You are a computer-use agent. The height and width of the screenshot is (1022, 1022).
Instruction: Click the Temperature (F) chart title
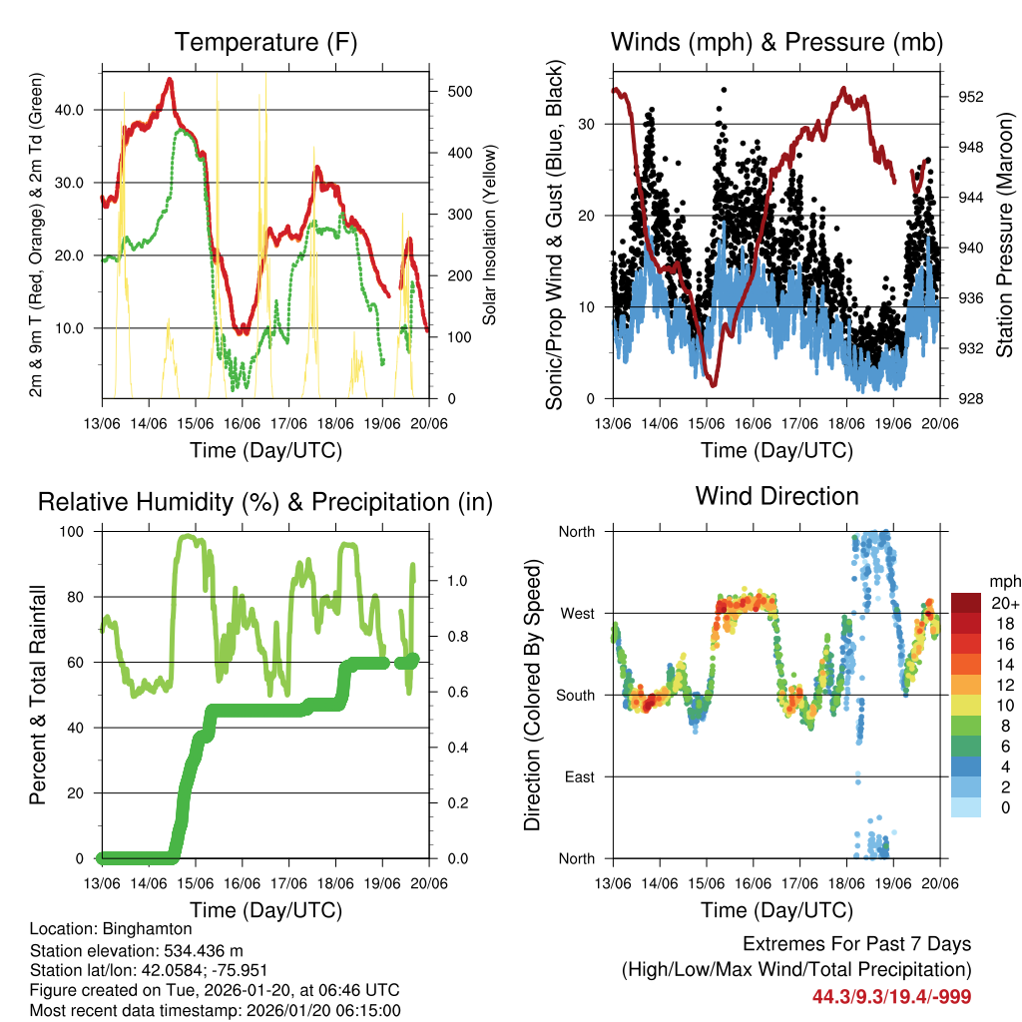pyautogui.click(x=265, y=43)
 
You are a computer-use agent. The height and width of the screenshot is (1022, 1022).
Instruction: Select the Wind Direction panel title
pyautogui.click(x=776, y=496)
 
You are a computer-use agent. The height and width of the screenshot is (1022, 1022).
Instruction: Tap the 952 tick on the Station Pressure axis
pyautogui.click(x=971, y=98)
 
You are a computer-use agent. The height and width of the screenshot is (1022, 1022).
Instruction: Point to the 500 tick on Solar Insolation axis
pyautogui.click(x=457, y=91)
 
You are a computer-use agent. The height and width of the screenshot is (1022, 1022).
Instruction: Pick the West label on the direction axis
pyautogui.click(x=577, y=613)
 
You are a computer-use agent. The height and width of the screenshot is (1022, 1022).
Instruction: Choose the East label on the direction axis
pyautogui.click(x=580, y=776)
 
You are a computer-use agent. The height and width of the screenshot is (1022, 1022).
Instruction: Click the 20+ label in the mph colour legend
pyautogui.click(x=1005, y=604)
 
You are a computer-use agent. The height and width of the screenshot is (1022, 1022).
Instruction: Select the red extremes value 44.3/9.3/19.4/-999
pyautogui.click(x=891, y=996)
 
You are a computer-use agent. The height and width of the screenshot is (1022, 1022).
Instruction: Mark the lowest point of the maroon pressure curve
pyautogui.click(x=713, y=385)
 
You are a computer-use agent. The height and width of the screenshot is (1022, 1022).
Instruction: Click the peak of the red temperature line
pyautogui.click(x=170, y=79)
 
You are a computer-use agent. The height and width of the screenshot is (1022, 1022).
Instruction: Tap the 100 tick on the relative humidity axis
pyautogui.click(x=74, y=531)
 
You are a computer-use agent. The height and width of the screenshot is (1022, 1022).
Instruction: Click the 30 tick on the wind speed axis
pyautogui.click(x=590, y=125)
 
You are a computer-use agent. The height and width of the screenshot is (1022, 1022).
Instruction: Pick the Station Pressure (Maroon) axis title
pyautogui.click(x=1005, y=235)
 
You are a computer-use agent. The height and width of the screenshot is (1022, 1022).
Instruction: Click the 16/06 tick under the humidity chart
pyautogui.click(x=242, y=883)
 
